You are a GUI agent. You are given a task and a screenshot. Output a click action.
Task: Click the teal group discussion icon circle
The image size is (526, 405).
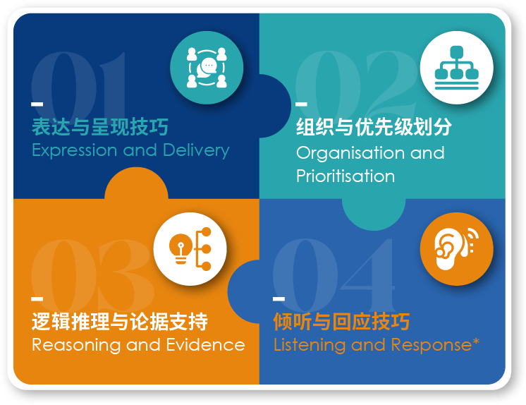207,68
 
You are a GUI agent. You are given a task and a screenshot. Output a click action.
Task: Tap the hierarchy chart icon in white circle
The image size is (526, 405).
457,68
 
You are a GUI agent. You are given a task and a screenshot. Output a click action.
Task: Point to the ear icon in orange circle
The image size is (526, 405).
457,249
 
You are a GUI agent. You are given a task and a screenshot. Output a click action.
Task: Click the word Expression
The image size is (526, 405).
75,150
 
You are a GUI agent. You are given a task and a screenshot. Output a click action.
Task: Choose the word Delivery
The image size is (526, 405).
196,150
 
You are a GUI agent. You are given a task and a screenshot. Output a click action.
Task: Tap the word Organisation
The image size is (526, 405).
351,154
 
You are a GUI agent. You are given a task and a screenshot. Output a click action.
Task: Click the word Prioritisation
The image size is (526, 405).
345,176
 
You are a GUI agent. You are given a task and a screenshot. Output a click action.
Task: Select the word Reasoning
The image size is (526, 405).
76,345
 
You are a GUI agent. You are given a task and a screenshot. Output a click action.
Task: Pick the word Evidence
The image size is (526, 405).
206,345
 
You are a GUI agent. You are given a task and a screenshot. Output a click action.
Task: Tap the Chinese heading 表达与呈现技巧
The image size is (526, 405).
100,127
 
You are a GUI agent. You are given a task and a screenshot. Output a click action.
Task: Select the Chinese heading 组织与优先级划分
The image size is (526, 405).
374,127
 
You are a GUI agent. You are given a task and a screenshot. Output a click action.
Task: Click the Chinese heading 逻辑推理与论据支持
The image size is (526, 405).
120,321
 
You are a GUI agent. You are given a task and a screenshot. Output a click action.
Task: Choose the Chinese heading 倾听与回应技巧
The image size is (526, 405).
341,321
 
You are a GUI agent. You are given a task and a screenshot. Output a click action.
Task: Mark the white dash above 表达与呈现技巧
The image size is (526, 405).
37,104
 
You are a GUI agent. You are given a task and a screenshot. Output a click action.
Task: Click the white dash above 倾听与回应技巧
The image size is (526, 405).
279,299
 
